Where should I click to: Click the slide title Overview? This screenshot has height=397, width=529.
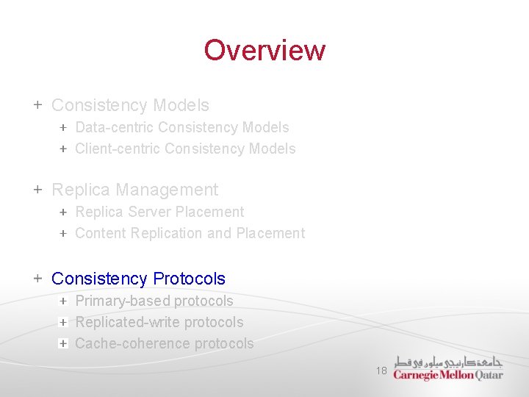[264, 50]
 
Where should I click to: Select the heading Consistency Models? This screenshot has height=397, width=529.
[130, 105]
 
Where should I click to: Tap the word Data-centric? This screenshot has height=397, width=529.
[114, 127]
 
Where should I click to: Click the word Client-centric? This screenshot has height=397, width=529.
[118, 149]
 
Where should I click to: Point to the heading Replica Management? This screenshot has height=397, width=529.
[134, 190]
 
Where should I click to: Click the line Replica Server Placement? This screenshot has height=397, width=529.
[159, 212]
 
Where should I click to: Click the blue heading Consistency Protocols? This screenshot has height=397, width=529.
[138, 279]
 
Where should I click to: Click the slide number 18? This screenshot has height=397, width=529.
[381, 371]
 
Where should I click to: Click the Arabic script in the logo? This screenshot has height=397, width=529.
[448, 362]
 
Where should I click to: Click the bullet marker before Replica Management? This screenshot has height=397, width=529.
[37, 190]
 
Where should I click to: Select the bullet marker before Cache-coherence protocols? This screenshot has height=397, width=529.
[63, 343]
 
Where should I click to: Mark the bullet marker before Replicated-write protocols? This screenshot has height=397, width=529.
[63, 322]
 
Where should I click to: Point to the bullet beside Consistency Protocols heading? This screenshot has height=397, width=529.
[37, 279]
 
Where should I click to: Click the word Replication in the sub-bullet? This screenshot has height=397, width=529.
[168, 233]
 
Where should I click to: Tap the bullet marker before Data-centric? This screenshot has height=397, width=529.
[63, 127]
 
